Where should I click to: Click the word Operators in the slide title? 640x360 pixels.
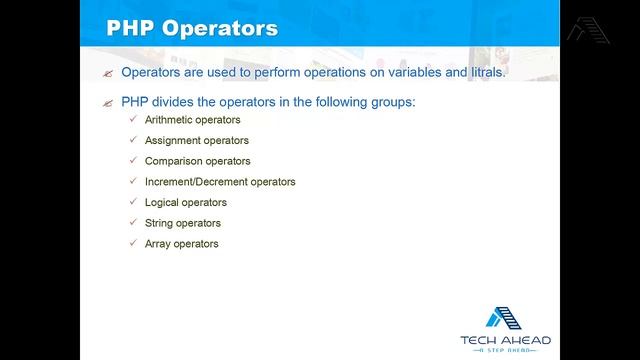click(x=222, y=27)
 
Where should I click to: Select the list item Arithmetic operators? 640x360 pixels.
click(x=192, y=120)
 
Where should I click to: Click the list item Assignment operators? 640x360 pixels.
click(x=196, y=141)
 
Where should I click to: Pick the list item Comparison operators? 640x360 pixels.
click(x=197, y=161)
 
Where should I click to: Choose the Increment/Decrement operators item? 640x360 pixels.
click(x=220, y=182)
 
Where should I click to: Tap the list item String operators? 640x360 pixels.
click(x=182, y=223)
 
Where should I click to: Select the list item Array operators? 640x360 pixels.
click(x=181, y=244)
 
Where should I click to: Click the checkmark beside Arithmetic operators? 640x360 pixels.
click(x=134, y=120)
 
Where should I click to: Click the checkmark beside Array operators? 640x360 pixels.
click(x=134, y=244)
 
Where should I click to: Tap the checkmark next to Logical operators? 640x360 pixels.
click(x=134, y=203)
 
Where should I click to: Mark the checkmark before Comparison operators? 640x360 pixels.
click(x=134, y=161)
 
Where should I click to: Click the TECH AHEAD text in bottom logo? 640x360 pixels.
click(x=505, y=340)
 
